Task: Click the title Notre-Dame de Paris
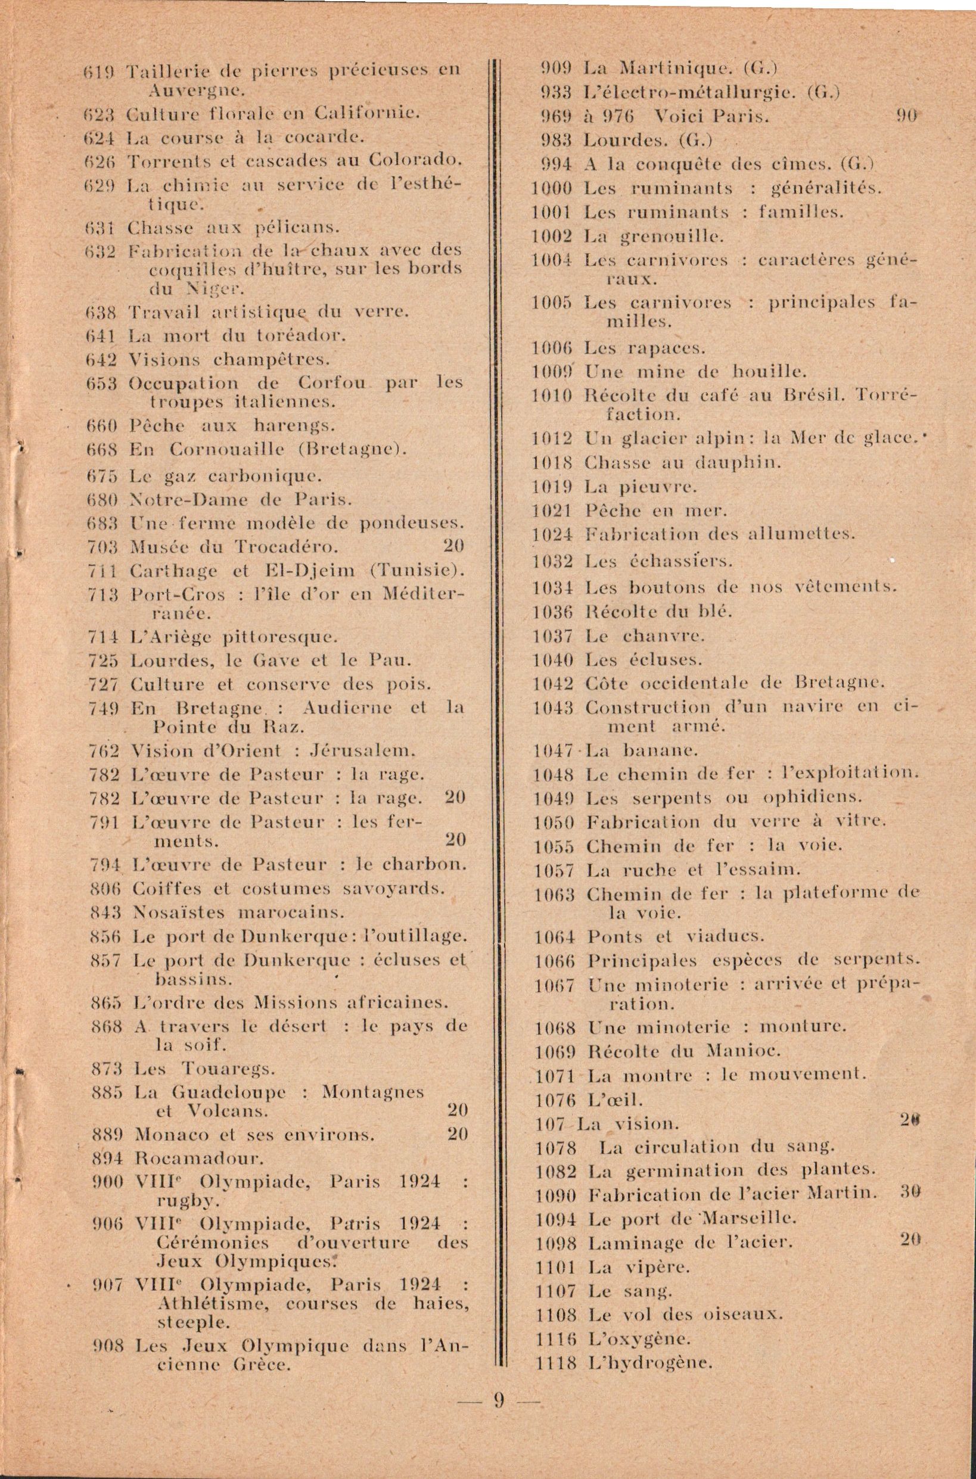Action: pyautogui.click(x=241, y=500)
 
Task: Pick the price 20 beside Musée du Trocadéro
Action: pyautogui.click(x=455, y=546)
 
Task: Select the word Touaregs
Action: pyautogui.click(x=228, y=1070)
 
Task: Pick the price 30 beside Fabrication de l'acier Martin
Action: pyautogui.click(x=910, y=1194)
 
